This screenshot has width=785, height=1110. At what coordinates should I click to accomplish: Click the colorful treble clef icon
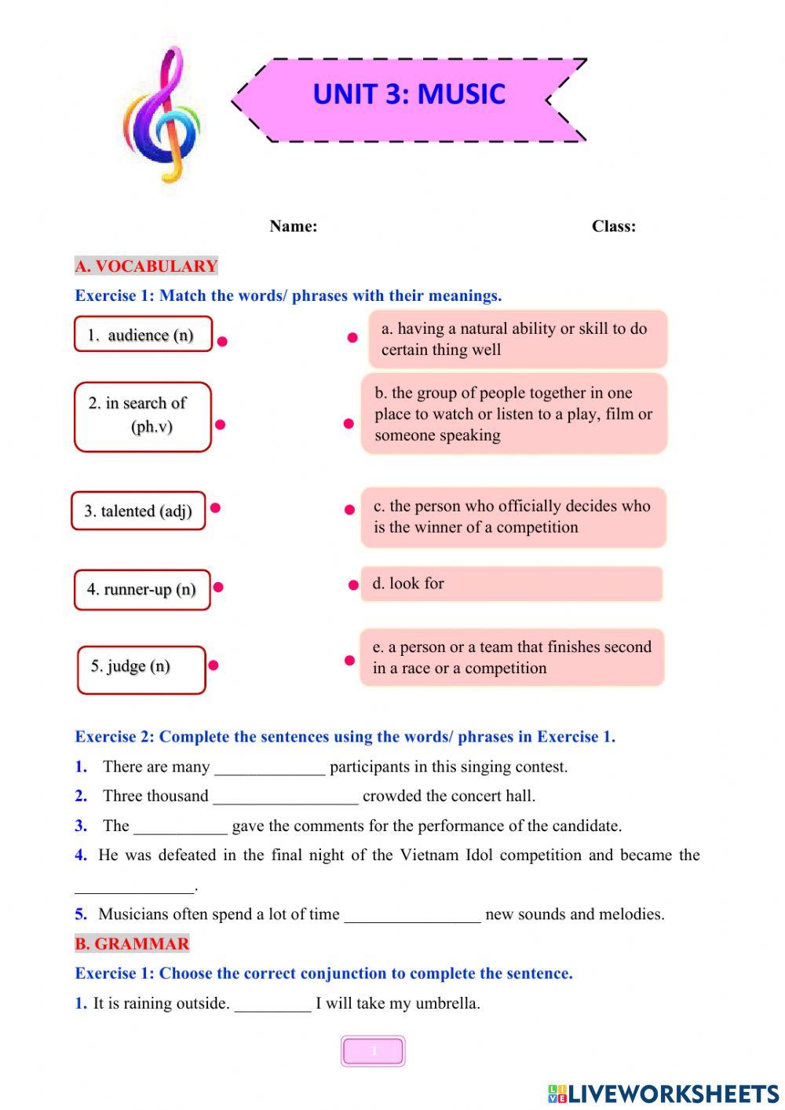162,114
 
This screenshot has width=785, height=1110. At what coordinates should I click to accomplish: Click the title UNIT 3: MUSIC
408,94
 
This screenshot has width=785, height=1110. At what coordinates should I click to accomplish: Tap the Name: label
293,226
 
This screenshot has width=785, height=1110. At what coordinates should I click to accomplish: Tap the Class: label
613,226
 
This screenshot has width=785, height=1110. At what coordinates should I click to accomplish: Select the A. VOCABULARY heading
146,266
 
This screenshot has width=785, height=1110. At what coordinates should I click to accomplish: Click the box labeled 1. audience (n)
143,335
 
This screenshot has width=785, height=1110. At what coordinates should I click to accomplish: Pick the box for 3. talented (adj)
138,511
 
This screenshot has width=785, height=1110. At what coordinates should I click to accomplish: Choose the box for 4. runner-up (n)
142,590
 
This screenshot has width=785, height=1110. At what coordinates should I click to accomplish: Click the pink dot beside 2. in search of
221,425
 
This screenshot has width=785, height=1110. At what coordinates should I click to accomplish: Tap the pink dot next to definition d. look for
353,585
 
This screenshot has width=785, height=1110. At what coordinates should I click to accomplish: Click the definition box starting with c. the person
513,517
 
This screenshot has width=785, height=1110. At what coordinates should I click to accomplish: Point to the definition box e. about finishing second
512,658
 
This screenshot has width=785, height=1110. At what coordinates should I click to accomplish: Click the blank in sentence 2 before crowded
285,797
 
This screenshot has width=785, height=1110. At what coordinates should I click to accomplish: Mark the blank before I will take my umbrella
272,1005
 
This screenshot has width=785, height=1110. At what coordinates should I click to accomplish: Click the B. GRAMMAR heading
132,944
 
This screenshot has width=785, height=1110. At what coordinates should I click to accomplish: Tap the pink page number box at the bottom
373,1051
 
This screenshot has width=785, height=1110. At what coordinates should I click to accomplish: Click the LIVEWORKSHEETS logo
663,1093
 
